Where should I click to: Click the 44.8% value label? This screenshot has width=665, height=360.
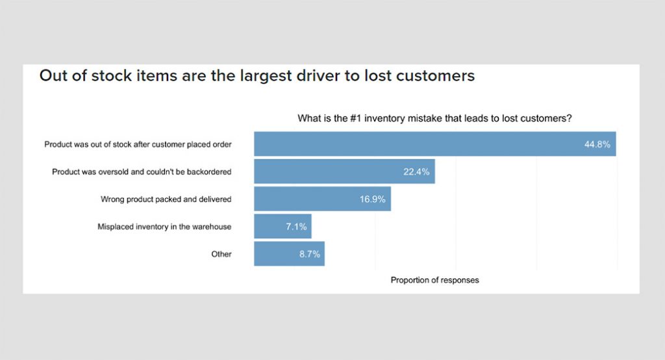597,144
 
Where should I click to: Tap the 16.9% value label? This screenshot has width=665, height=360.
372,199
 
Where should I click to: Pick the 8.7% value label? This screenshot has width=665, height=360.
309,254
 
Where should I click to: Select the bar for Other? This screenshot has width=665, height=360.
279,254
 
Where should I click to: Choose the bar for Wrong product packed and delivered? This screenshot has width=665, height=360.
312,199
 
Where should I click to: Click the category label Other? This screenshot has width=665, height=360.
221,254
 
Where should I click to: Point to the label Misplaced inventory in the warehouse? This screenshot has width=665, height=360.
164,227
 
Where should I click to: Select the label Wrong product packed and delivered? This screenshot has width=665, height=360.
166,199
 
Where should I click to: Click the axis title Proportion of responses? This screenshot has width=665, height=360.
434,280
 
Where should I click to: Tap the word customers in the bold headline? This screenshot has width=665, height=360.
433,76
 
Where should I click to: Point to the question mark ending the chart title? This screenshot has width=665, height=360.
569,118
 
